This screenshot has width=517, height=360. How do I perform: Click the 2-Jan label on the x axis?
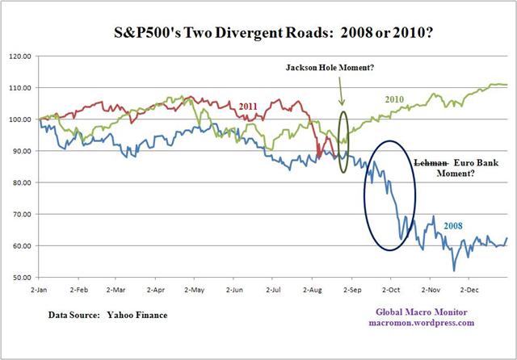(x=38, y=288)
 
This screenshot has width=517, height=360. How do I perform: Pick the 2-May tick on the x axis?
(x=193, y=288)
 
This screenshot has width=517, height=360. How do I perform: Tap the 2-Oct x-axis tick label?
(x=389, y=288)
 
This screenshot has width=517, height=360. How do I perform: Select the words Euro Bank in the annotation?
(x=469, y=162)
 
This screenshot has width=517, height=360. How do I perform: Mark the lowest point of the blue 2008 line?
(x=454, y=270)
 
